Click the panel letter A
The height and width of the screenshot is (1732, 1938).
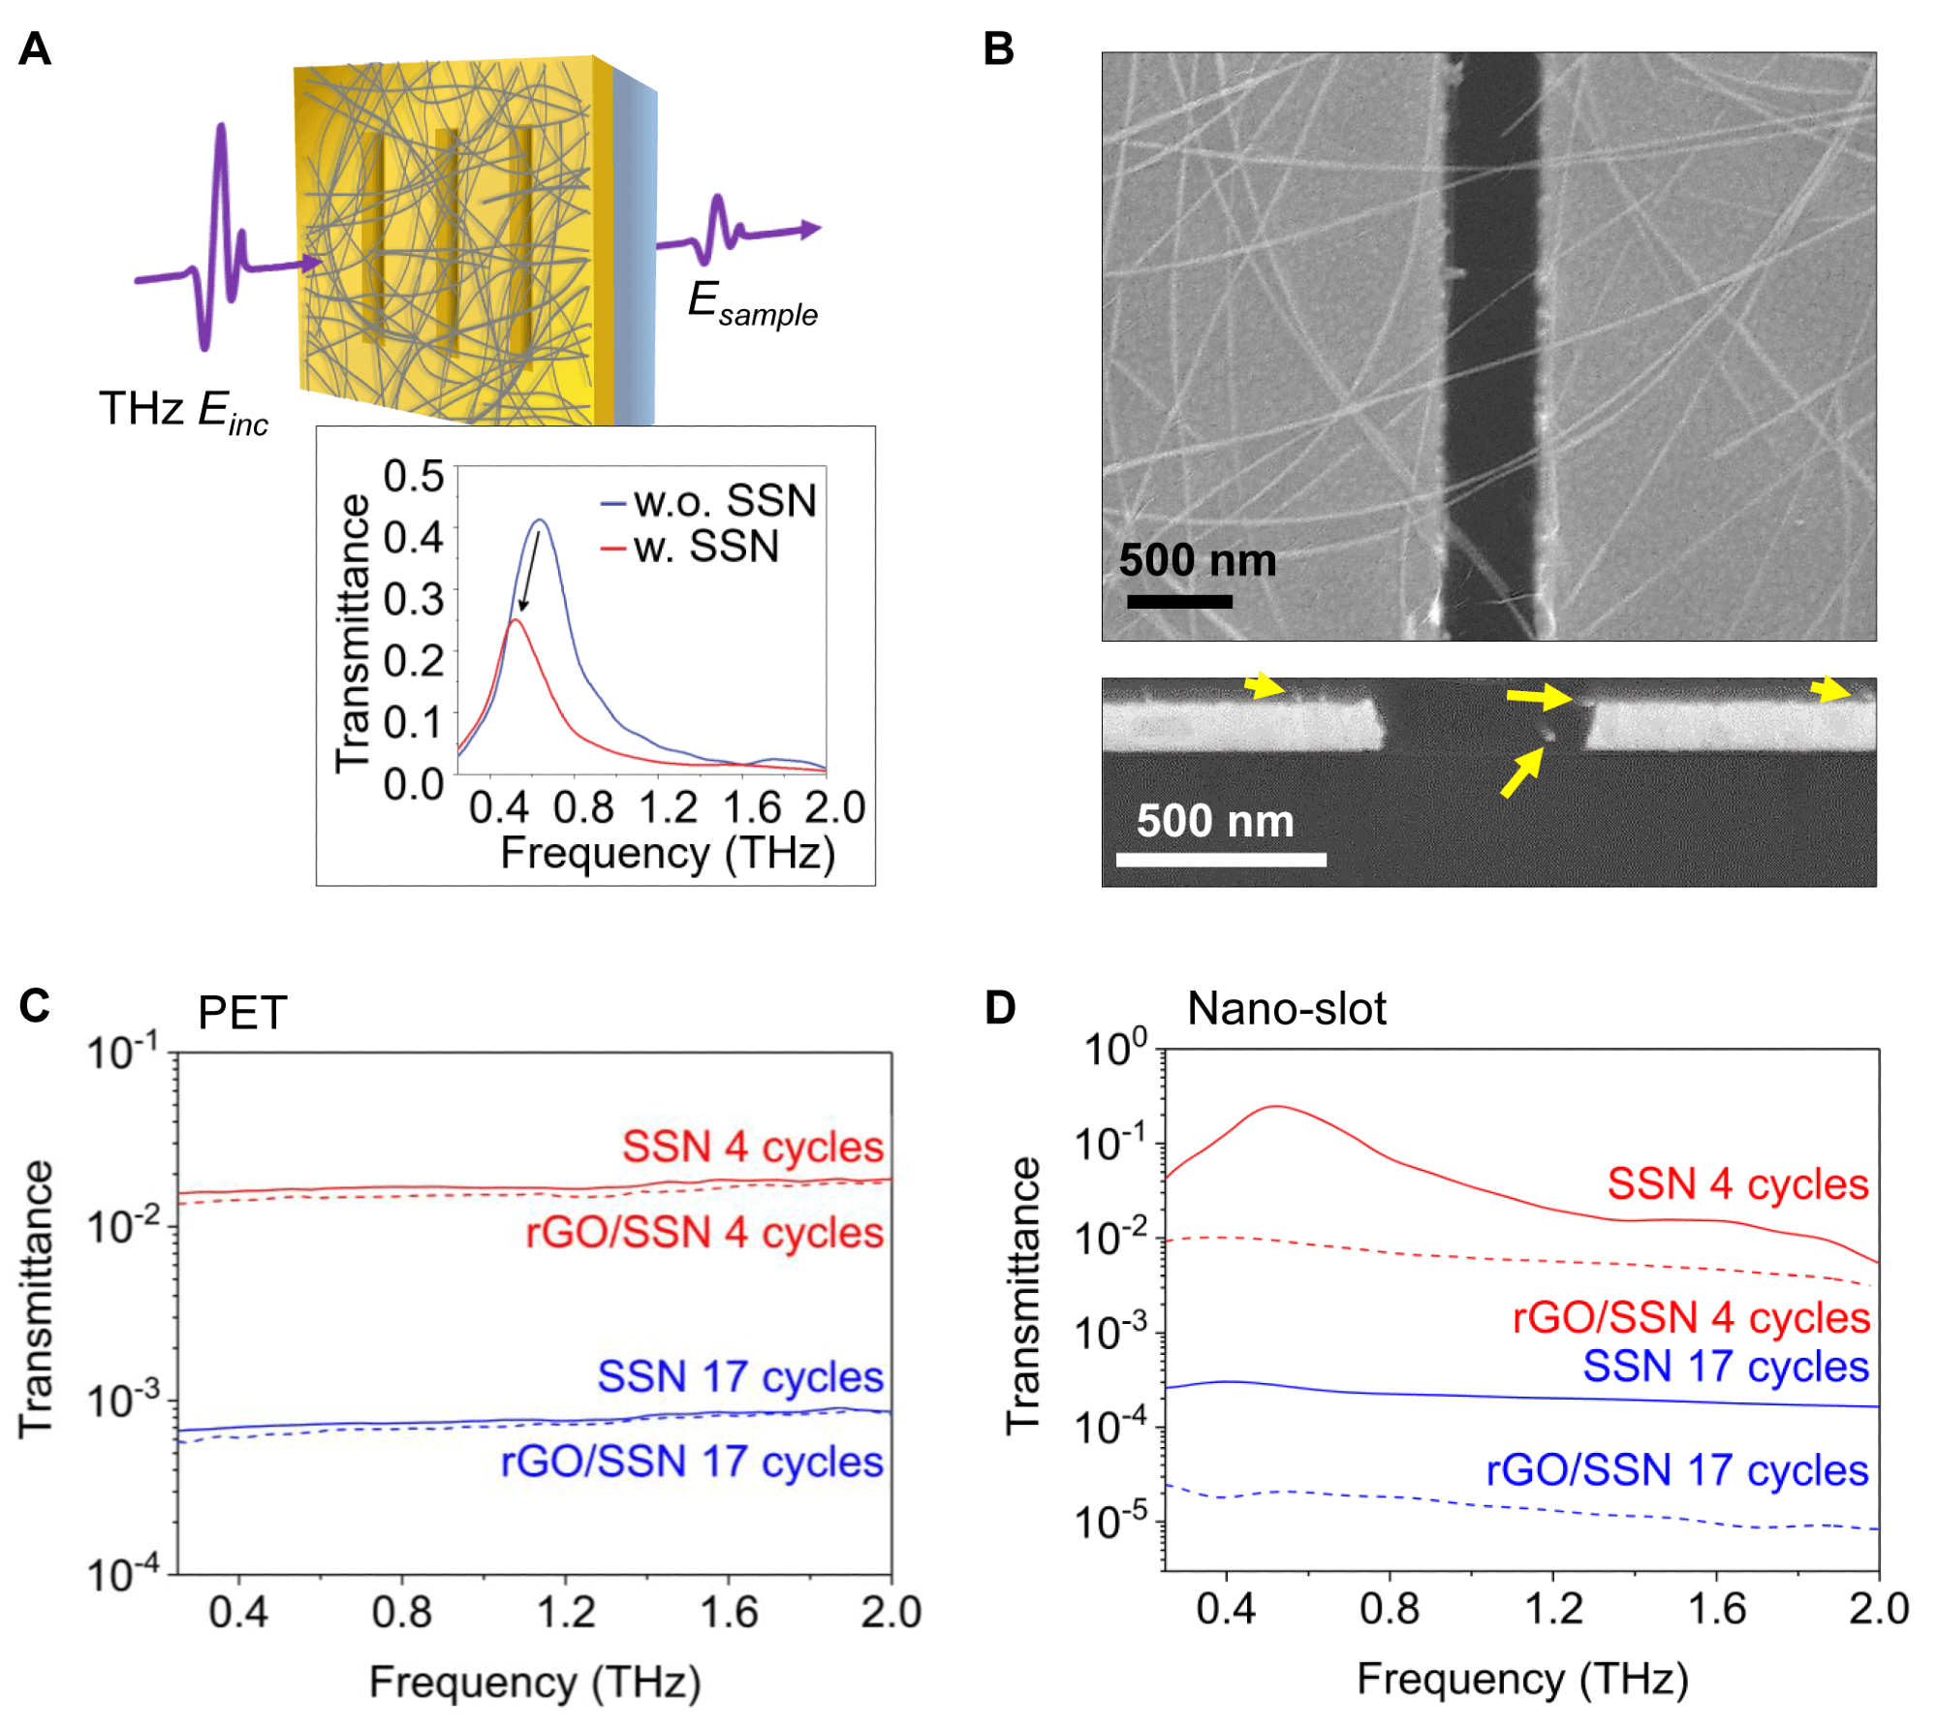tap(35, 48)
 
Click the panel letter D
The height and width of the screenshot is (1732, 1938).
tap(1000, 1008)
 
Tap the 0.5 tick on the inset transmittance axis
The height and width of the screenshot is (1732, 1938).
tap(414, 476)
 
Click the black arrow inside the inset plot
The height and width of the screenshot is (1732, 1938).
tap(530, 572)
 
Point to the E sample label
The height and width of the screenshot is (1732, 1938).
tap(752, 302)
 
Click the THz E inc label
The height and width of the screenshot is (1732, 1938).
tap(183, 411)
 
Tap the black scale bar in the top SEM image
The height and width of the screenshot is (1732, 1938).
tap(1179, 601)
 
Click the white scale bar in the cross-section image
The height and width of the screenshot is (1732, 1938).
tap(1221, 860)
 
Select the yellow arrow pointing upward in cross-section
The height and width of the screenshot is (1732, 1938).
tap(1521, 773)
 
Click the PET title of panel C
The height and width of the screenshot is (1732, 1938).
tap(242, 1014)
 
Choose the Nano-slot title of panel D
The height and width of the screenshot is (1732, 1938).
tap(1286, 1009)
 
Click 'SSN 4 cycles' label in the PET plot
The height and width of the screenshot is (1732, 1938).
tap(752, 1147)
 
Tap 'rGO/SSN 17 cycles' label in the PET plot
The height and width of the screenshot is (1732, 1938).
tap(691, 1462)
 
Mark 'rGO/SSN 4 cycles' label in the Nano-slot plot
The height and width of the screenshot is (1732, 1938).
tap(1690, 1318)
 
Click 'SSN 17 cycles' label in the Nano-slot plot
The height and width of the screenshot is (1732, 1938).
tap(1725, 1367)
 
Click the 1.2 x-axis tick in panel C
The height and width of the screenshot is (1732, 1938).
tap(566, 1612)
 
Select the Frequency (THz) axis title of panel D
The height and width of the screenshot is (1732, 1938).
tap(1521, 1679)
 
